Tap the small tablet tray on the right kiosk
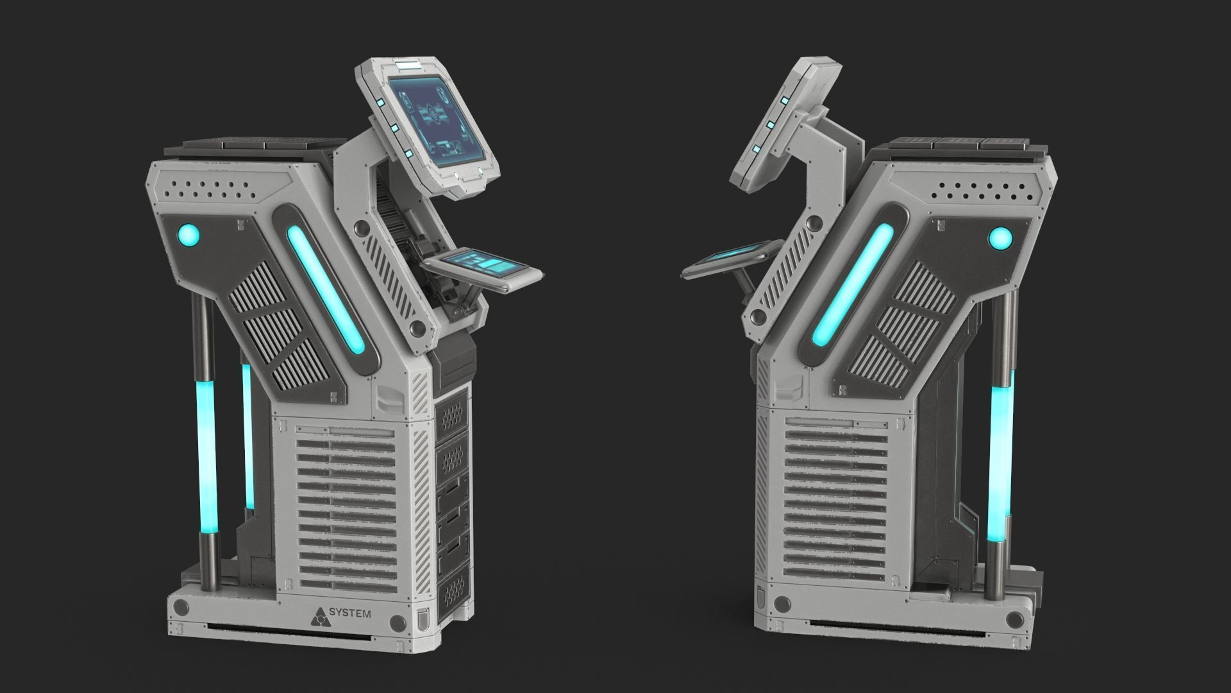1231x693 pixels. (731, 257)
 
